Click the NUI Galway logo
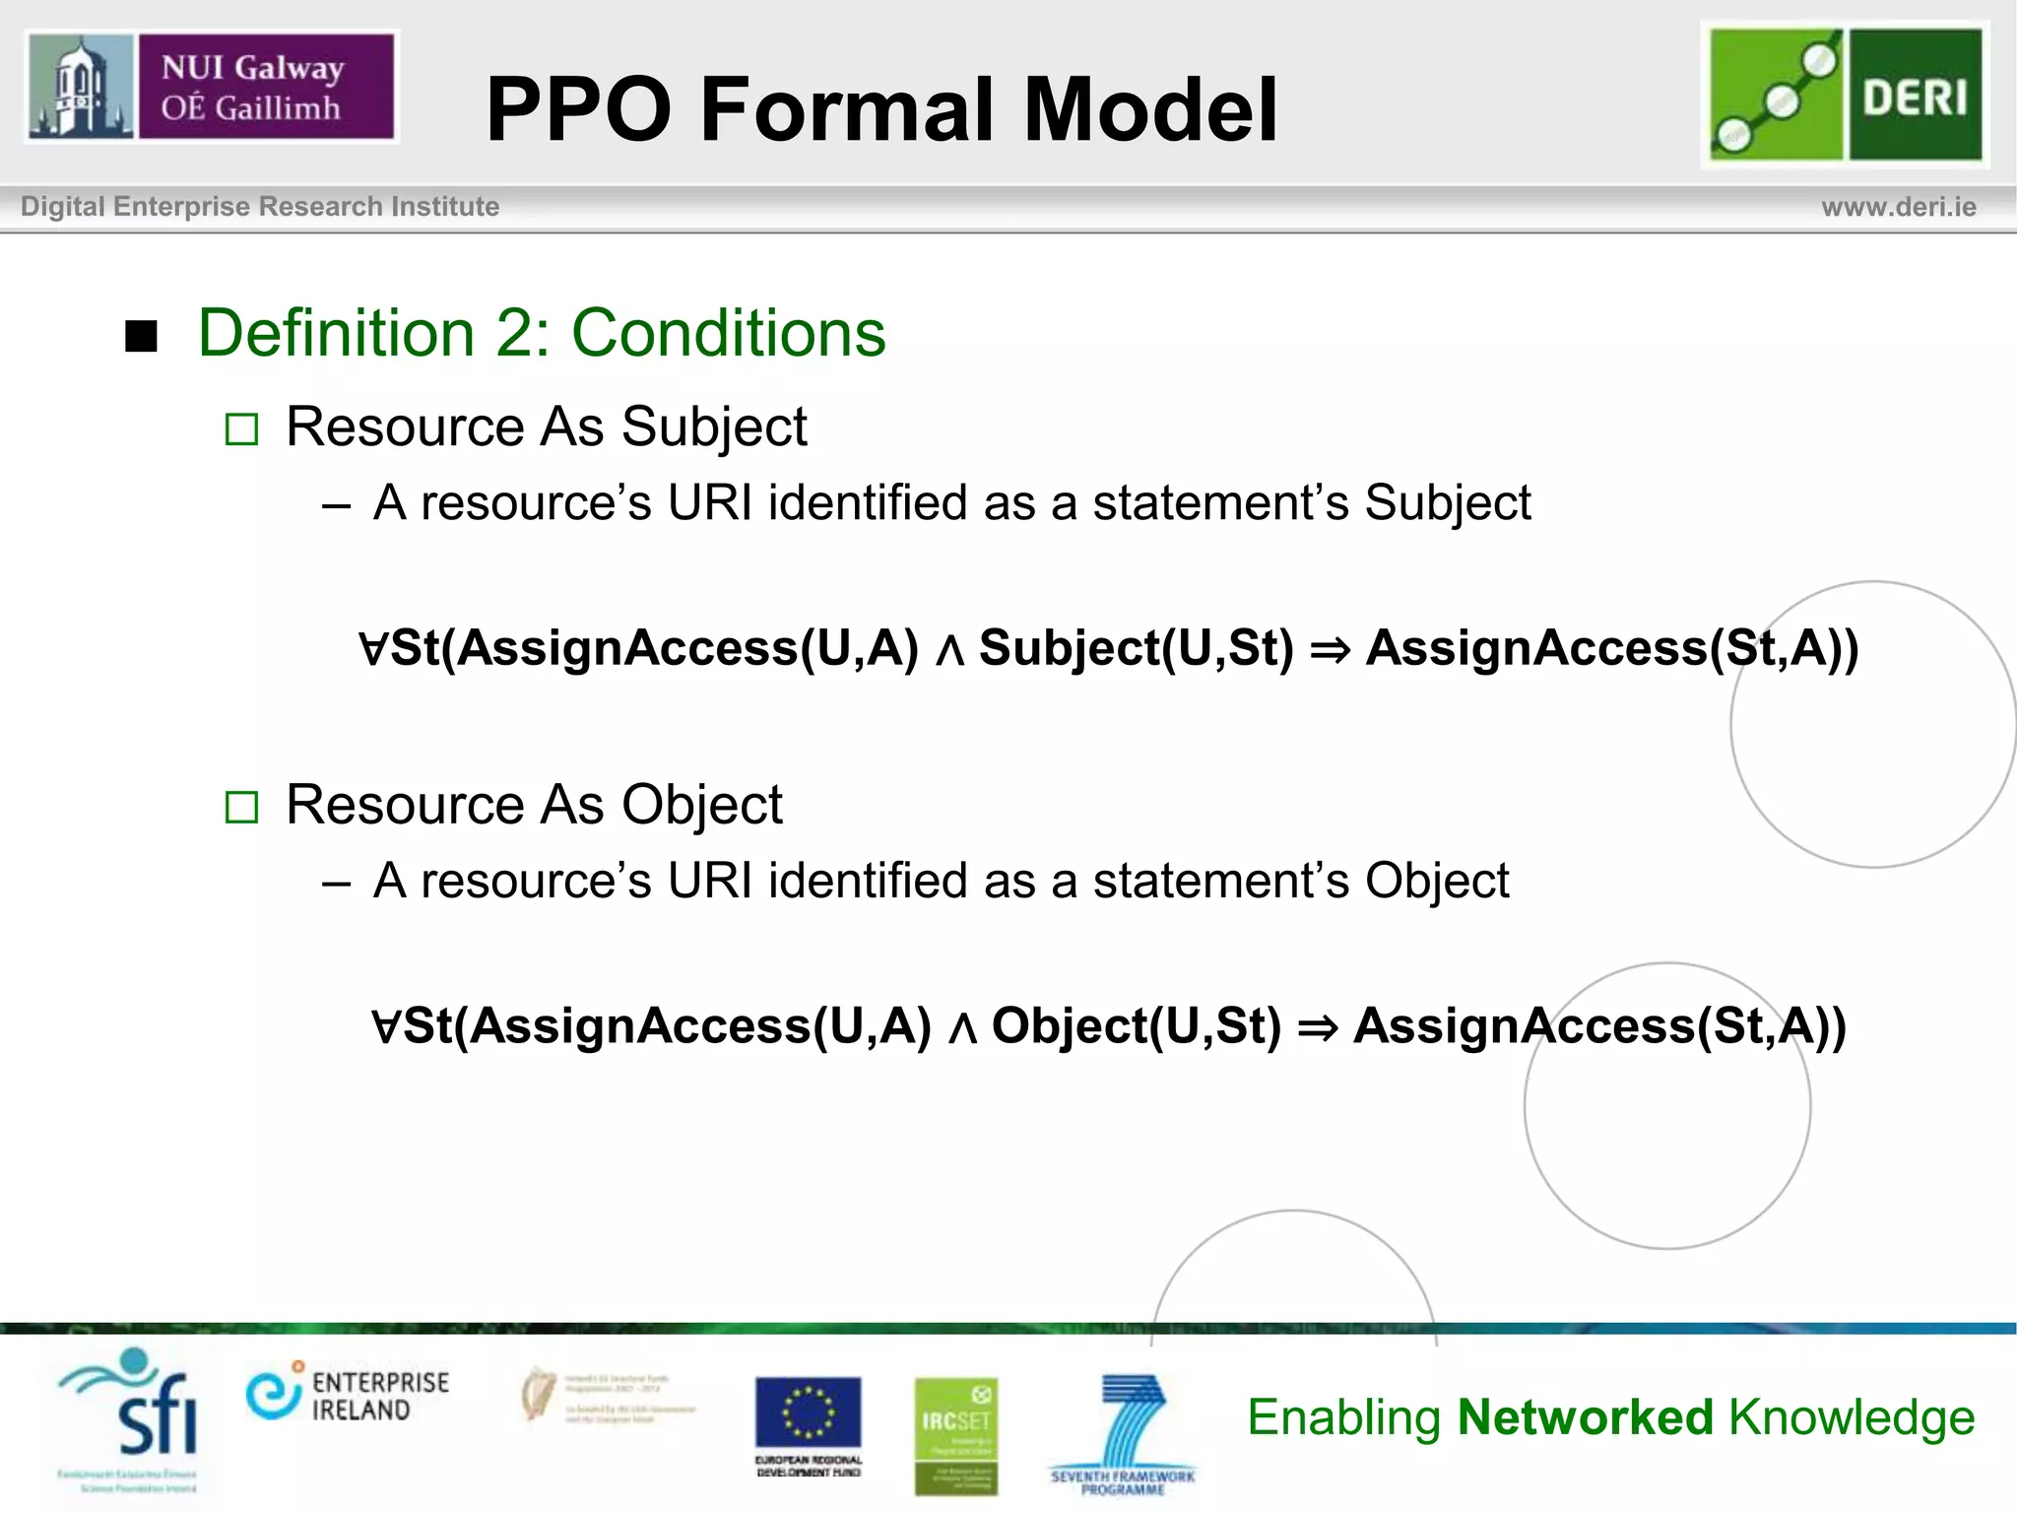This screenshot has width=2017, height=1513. coord(211,87)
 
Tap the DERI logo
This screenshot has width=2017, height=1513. coord(1845,95)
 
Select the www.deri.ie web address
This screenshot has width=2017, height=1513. coord(1898,207)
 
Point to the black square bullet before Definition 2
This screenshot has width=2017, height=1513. coord(142,336)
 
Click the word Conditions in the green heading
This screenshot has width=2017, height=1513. coord(728,333)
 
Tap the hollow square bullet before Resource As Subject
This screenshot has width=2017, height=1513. coord(241,429)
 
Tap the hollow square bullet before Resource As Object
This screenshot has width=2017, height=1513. coord(241,808)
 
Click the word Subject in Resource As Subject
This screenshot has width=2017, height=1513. coord(713,428)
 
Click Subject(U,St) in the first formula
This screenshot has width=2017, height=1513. coord(1136,648)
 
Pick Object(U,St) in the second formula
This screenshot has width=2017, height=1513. coord(1136,1026)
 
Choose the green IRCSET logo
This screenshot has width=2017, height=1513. coord(955,1433)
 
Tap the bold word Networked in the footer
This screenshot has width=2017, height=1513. coord(1585,1417)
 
